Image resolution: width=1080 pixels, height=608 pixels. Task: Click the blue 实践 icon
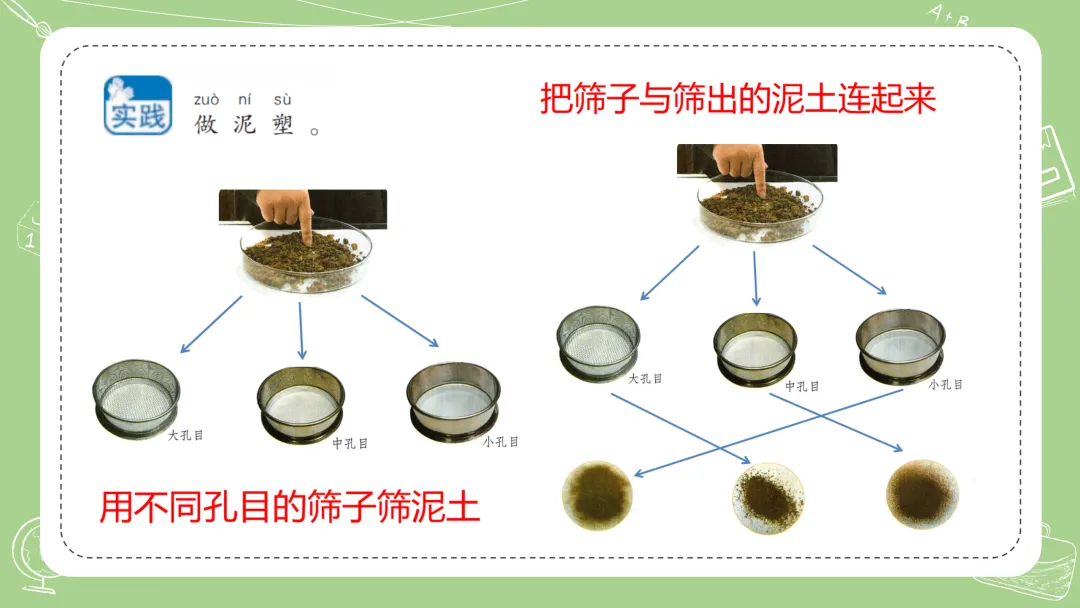point(138,105)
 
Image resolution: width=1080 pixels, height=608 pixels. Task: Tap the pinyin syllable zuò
point(207,100)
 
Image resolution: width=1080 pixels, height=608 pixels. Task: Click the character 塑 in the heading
point(283,125)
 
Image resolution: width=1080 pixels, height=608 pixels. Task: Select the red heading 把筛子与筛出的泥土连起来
point(738,98)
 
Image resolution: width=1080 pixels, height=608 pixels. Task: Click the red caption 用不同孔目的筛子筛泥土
point(289,507)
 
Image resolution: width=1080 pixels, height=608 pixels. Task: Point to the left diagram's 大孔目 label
point(185,435)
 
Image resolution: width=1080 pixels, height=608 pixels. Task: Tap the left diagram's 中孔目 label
point(350,443)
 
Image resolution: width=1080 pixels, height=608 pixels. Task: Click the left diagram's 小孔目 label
point(501,442)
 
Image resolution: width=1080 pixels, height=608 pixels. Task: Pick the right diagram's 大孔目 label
point(645,379)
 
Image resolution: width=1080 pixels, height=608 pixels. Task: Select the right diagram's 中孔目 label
point(802,386)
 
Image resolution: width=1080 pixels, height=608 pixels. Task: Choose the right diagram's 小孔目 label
point(945,384)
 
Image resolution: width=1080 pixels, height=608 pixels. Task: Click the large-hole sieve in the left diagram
point(136,398)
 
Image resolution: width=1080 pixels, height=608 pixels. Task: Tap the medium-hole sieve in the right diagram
point(756,348)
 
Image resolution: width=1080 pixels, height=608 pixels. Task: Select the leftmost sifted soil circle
point(597,495)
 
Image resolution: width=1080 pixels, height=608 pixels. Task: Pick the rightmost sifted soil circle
point(922,494)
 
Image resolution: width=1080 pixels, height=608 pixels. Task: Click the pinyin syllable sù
point(282,100)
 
